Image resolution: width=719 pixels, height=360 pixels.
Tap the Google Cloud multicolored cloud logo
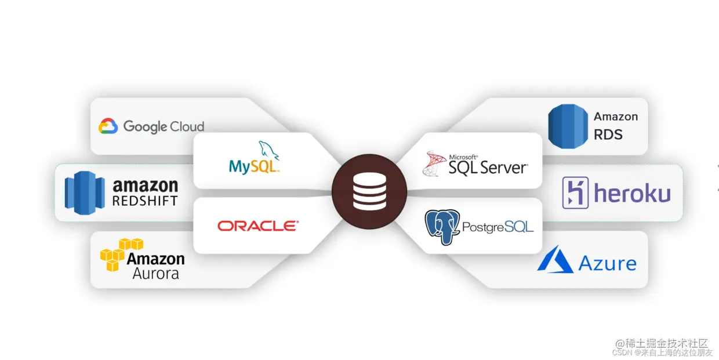108,126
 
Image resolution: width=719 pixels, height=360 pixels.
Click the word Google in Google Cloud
145,126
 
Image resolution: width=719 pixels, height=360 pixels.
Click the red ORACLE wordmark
258,226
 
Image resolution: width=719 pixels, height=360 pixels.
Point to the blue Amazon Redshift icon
85,193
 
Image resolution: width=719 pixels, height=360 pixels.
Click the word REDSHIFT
145,201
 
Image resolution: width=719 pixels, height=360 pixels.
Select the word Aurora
155,274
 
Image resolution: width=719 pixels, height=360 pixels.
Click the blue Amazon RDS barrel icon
568,126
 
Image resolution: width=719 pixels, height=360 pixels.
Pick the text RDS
608,134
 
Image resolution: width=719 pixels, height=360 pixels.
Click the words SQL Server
488,168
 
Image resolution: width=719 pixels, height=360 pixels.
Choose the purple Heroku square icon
575,193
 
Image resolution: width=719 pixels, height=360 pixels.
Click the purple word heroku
632,194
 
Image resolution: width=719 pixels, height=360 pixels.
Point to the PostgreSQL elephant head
442,226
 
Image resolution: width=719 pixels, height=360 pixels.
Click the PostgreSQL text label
498,227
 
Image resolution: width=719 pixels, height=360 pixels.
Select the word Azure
607,264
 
